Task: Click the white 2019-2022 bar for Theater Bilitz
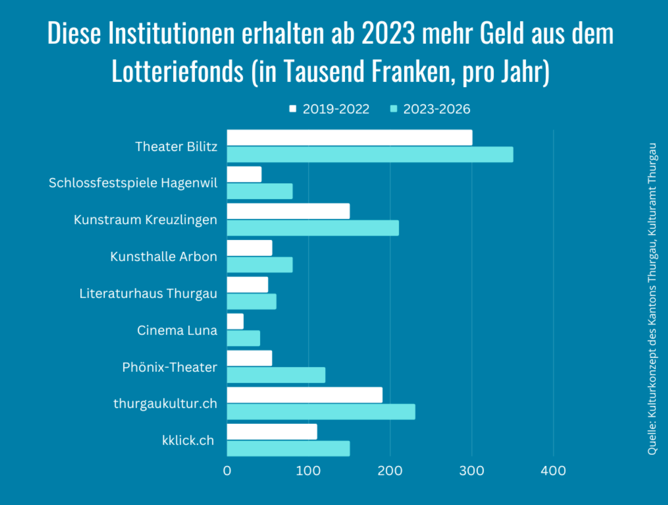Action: coord(349,138)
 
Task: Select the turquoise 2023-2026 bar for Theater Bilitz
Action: coord(370,155)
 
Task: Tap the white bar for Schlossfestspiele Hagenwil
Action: coord(244,175)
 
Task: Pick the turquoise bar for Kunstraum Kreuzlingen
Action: coord(313,228)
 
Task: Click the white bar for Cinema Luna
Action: coord(235,322)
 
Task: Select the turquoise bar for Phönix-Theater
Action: coord(276,375)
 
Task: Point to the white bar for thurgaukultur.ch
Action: coord(305,395)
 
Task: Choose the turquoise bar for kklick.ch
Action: coord(288,448)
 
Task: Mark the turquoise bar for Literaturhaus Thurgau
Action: coord(251,302)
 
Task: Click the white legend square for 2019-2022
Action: coord(293,109)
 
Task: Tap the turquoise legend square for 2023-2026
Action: coord(394,109)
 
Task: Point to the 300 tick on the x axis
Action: coord(472,471)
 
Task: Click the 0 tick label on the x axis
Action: coord(227,471)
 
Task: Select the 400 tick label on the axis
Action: coord(553,471)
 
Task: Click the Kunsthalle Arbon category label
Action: coord(163,257)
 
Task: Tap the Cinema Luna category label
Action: coord(177,330)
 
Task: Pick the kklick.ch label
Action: coord(188,440)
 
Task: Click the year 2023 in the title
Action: coord(388,33)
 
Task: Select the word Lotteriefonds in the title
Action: coord(178,72)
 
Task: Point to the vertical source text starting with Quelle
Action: coord(652,299)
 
